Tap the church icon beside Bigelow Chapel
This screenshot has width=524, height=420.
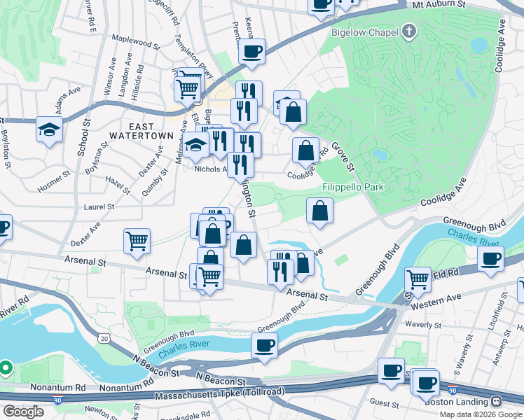(409, 31)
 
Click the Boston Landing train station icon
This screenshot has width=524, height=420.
(497, 402)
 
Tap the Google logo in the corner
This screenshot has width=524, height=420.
(23, 412)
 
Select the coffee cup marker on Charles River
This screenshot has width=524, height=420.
(265, 345)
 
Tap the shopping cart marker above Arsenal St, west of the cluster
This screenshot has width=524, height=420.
(137, 241)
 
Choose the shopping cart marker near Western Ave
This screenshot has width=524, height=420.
(418, 279)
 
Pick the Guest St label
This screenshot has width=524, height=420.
(383, 404)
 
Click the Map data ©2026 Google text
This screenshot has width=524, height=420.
(481, 414)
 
